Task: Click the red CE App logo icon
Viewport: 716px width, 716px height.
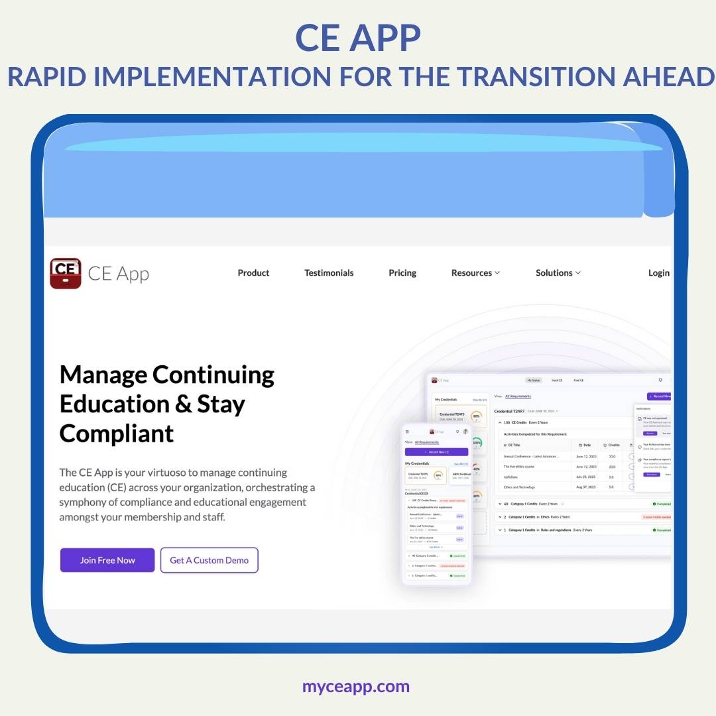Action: (x=65, y=273)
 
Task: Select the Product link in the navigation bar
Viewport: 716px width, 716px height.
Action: (x=253, y=272)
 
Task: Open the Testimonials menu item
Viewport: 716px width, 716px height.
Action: (x=329, y=272)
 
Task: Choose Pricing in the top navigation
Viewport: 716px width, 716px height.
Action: (x=402, y=272)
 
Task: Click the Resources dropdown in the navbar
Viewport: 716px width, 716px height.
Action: (x=475, y=272)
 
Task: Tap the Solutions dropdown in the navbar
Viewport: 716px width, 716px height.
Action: (x=558, y=272)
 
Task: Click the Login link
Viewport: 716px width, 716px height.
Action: (x=658, y=272)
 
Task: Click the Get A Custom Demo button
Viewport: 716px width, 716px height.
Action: (x=209, y=560)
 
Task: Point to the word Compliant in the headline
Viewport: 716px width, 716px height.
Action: (x=117, y=434)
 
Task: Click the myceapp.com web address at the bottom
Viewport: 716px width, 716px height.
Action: (x=356, y=686)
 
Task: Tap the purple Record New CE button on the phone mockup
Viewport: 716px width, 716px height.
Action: (x=436, y=451)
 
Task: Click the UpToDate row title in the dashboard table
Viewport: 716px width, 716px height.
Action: (x=511, y=477)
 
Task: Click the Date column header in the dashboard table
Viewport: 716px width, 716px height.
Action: (x=585, y=445)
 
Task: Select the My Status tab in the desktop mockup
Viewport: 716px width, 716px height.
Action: (x=534, y=381)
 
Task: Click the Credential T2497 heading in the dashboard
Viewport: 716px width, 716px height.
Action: (x=510, y=411)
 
